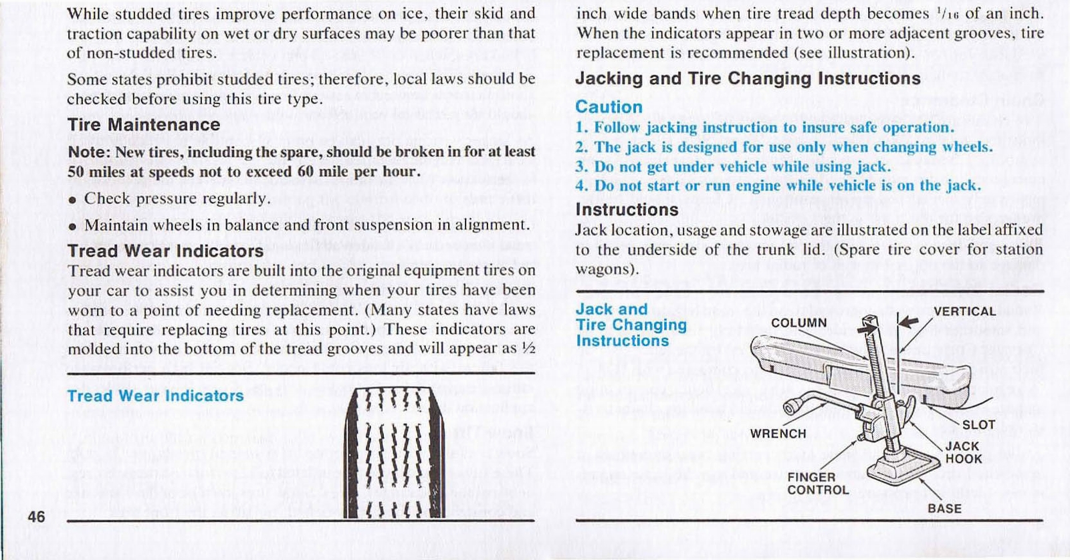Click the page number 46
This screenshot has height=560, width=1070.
36,517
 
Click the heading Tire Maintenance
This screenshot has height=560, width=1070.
144,125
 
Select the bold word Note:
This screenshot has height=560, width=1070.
88,152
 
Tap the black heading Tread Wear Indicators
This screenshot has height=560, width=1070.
165,251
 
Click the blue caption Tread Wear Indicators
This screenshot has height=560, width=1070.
155,396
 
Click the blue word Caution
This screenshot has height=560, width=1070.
609,107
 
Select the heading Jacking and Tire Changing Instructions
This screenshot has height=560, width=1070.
748,79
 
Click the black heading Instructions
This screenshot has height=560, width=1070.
627,210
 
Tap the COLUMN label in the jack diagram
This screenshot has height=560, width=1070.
798,323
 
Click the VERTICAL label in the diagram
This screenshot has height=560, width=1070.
964,311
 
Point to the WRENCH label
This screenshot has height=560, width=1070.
778,434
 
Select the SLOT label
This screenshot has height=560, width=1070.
978,425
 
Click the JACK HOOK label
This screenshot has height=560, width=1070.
963,452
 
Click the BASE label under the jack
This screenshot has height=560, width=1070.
944,509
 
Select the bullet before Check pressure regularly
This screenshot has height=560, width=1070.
72,200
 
